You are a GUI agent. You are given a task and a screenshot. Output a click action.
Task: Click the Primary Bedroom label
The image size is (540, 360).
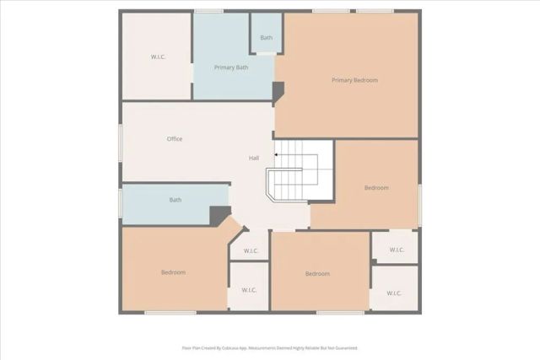(x=354, y=80)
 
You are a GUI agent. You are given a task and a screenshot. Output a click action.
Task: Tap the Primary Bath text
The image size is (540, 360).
(x=230, y=67)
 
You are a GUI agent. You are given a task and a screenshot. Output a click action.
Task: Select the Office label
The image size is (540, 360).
(x=175, y=139)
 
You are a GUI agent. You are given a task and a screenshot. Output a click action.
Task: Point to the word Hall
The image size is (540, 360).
(x=253, y=159)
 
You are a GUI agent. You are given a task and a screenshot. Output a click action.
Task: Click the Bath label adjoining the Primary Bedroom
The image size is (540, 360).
(x=267, y=38)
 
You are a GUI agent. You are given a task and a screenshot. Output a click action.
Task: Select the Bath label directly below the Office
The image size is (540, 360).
(x=175, y=200)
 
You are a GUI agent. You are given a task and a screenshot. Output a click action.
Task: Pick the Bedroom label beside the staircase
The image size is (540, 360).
(x=376, y=188)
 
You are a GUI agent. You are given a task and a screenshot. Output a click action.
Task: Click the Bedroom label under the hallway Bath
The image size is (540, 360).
(x=173, y=272)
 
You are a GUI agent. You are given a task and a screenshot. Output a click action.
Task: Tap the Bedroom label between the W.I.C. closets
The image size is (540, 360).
(x=317, y=274)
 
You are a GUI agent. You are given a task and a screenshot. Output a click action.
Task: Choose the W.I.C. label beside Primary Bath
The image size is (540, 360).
(x=158, y=56)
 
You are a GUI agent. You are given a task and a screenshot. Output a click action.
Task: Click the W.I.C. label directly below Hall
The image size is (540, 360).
(x=251, y=251)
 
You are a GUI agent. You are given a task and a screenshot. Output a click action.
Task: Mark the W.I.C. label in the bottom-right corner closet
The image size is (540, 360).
(x=394, y=293)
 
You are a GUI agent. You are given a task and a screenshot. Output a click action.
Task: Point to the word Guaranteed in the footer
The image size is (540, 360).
(x=343, y=347)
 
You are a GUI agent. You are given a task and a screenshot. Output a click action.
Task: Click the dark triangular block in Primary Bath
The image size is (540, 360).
(x=278, y=89)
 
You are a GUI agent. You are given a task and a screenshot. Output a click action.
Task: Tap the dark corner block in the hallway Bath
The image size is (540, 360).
(x=220, y=216)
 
